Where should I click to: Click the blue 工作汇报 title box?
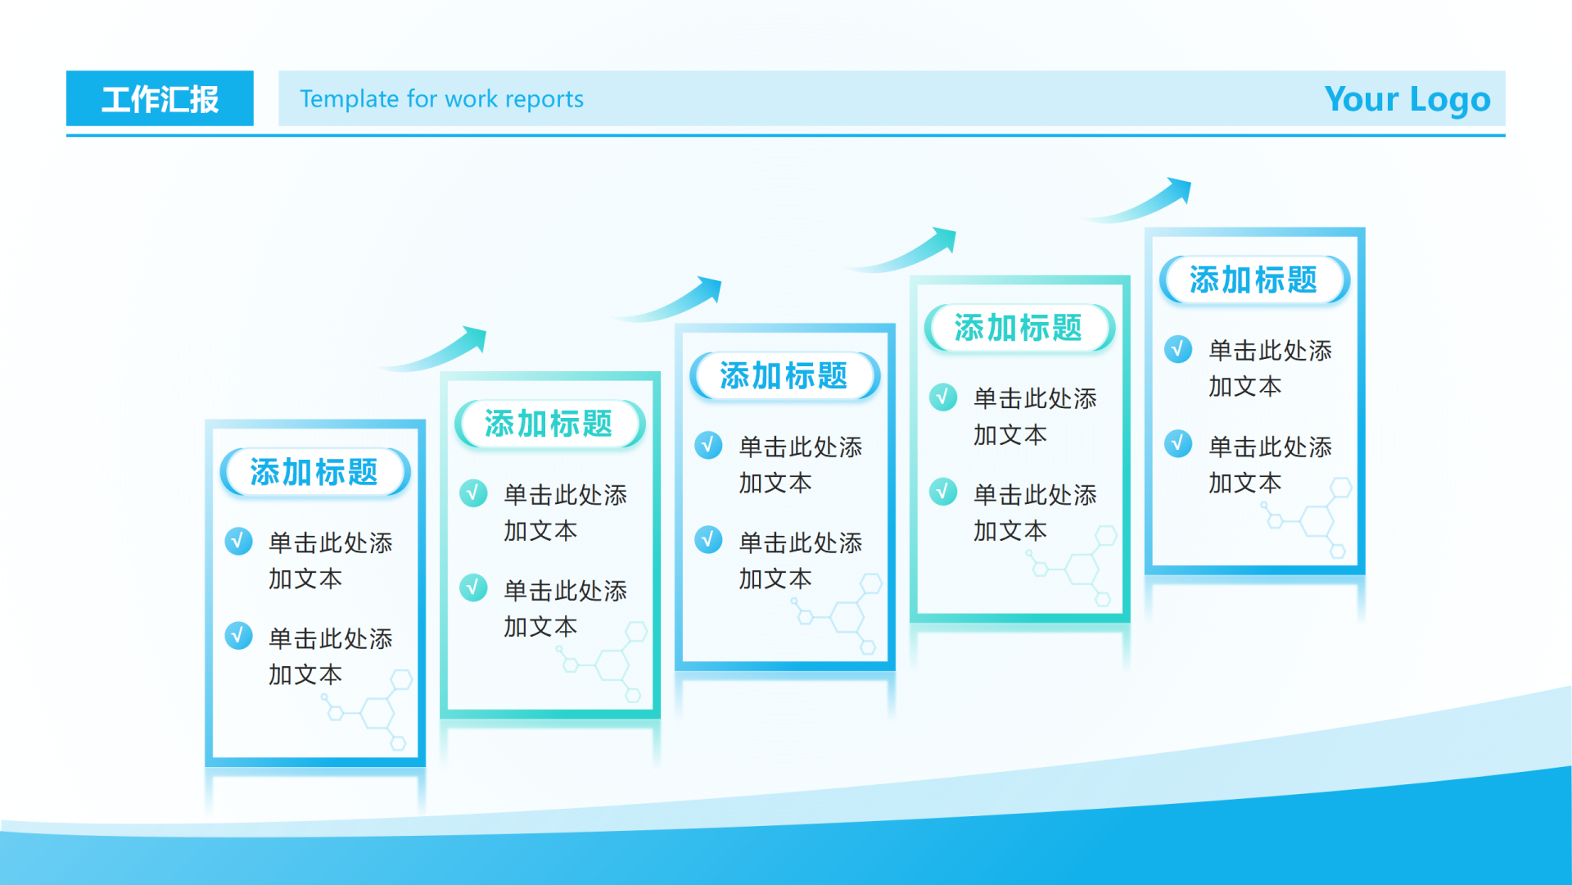click(160, 98)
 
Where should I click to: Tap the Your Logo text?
click(1407, 99)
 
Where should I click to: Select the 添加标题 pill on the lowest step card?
click(315, 472)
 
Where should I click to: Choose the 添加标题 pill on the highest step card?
click(1254, 279)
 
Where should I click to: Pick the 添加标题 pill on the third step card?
click(784, 376)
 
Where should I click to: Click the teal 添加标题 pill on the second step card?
click(549, 424)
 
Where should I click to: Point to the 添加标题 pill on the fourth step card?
click(1019, 328)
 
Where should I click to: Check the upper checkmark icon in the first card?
click(238, 541)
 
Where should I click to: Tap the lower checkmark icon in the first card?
click(238, 635)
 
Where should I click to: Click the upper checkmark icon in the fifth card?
click(1178, 349)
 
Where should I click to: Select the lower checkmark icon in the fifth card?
click(1178, 443)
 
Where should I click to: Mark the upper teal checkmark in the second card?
click(473, 492)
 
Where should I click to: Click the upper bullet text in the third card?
click(800, 465)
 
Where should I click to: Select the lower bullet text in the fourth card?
click(1035, 512)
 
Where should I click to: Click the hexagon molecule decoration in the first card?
click(368, 710)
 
